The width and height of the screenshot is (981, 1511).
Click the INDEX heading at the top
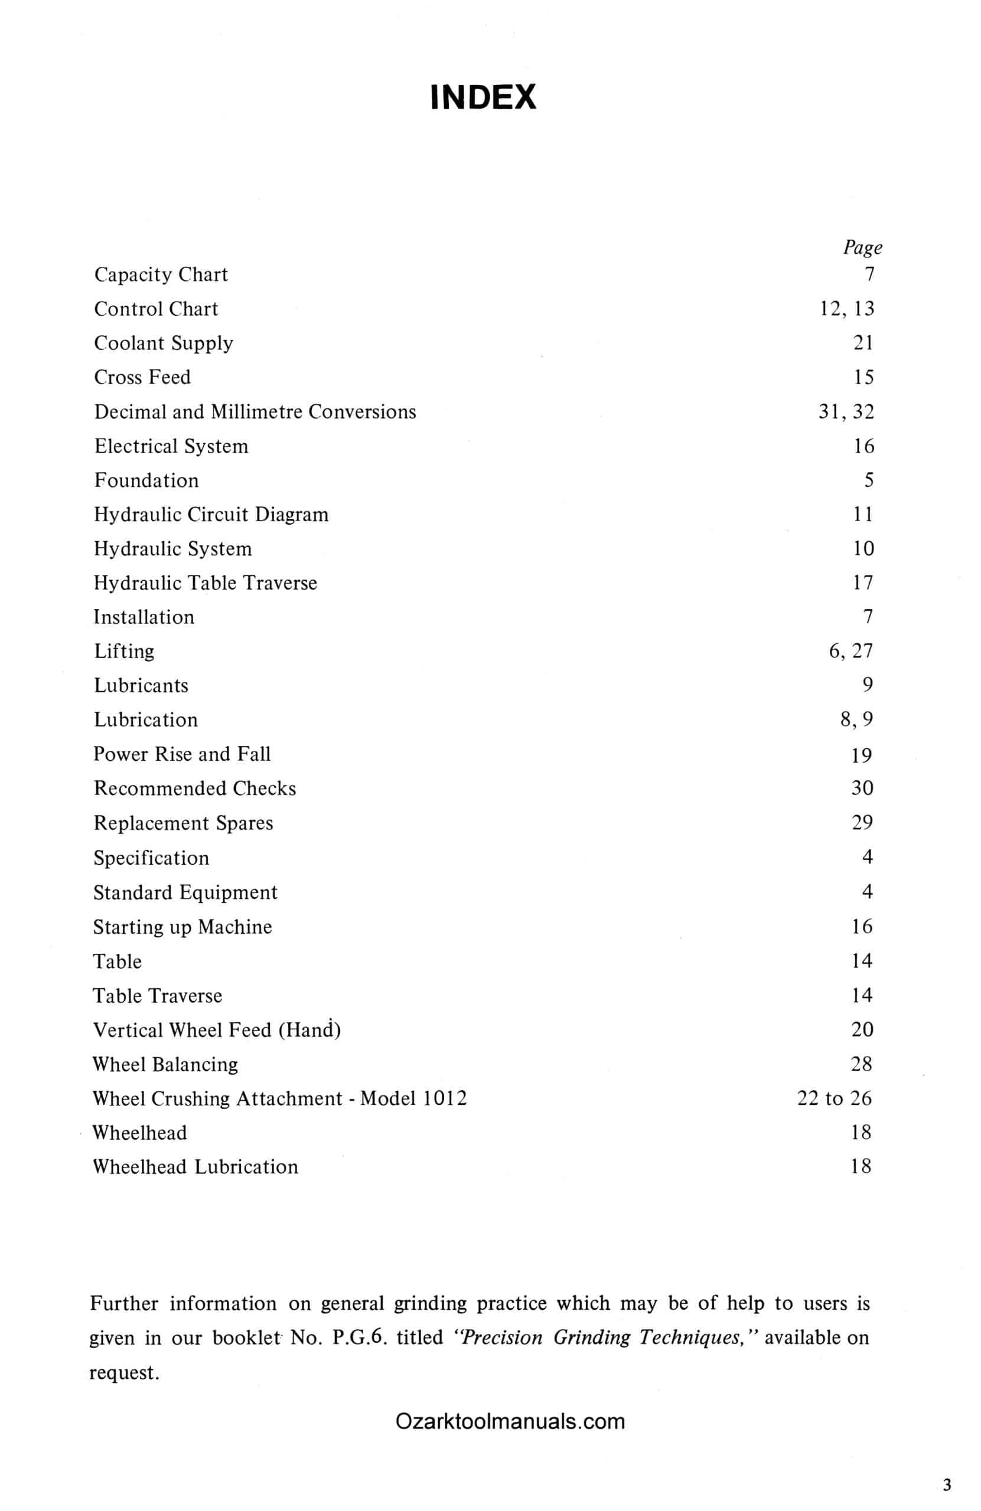[483, 97]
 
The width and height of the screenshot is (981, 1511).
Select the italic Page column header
[862, 247]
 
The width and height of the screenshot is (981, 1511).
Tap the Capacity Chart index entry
[161, 274]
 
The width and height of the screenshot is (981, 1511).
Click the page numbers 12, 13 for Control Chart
[847, 309]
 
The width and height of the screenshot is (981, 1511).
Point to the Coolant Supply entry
[163, 343]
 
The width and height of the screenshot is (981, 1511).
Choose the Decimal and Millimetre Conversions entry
[255, 411]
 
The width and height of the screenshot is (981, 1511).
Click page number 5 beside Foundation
[868, 480]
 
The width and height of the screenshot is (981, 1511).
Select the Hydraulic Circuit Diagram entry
[211, 514]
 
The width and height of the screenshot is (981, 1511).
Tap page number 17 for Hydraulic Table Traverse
[862, 583]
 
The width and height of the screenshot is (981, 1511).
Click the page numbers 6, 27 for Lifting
[850, 651]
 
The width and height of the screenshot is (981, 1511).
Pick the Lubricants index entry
[141, 686]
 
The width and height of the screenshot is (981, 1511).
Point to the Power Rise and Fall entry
[182, 754]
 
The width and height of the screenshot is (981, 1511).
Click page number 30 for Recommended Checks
[862, 788]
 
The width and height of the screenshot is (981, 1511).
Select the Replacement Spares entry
[183, 823]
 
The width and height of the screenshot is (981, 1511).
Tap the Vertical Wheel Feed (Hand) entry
[217, 1029]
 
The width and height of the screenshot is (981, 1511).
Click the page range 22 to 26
[834, 1098]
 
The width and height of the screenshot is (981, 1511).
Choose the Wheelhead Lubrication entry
[195, 1166]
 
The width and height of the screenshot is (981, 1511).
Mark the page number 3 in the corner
[947, 1485]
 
